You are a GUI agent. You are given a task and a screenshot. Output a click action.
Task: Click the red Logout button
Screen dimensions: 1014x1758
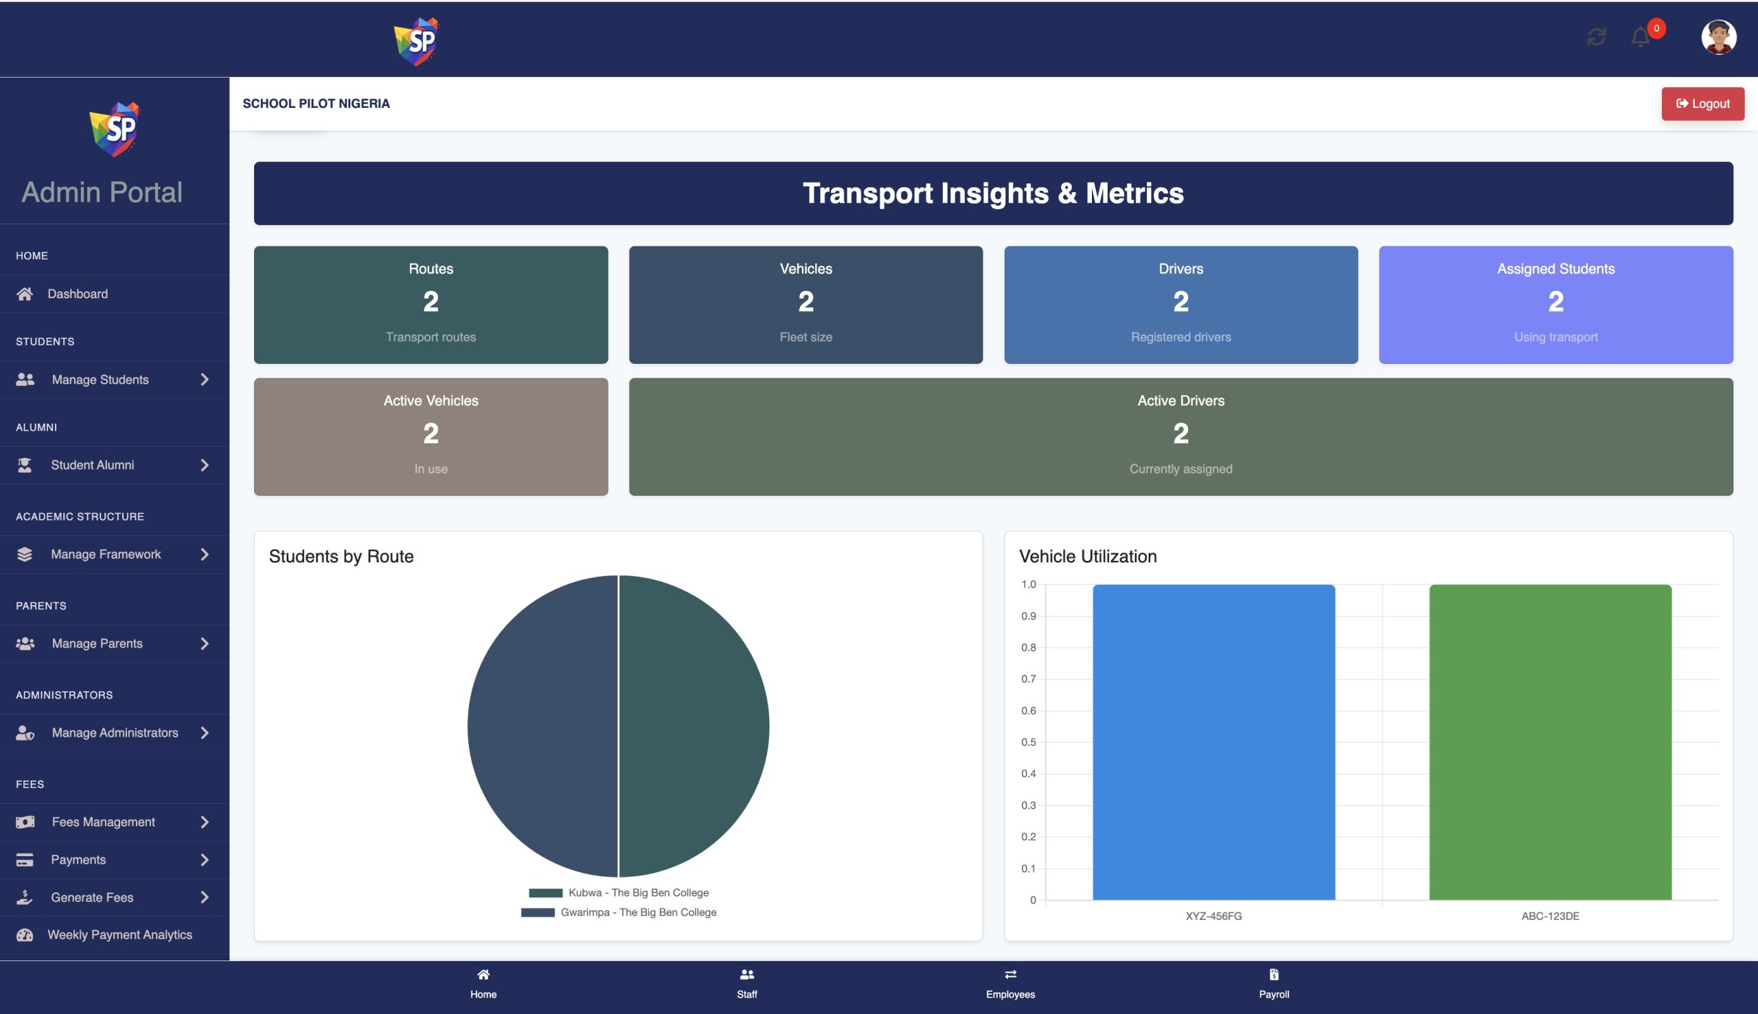pos(1702,104)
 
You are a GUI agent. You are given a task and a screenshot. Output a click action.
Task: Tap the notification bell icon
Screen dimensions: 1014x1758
pos(1641,37)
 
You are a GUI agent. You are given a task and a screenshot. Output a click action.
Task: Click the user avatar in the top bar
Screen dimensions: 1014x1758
pos(1718,37)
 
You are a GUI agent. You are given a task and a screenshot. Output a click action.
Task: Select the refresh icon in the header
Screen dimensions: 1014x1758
pos(1597,37)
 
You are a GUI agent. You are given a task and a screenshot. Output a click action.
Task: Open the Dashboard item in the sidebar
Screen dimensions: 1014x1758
pos(78,294)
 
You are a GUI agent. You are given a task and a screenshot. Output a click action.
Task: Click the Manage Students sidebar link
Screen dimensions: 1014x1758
pos(100,380)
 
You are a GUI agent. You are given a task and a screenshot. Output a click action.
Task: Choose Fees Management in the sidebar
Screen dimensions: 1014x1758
pos(103,822)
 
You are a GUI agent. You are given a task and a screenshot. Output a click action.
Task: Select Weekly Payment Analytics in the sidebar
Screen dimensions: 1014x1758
pos(119,934)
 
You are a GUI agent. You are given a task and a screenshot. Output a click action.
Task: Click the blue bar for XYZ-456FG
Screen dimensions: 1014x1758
pos(1213,741)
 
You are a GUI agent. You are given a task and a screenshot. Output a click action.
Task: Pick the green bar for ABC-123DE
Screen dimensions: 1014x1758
pos(1550,741)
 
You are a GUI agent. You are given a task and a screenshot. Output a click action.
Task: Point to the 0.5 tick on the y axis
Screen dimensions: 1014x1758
pos(1028,742)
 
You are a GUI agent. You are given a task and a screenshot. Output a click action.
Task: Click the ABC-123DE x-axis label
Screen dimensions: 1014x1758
pos(1550,916)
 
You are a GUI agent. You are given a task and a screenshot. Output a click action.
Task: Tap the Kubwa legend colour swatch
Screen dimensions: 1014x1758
pos(545,892)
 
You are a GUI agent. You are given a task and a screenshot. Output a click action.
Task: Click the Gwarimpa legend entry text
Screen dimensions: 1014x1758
pos(638,912)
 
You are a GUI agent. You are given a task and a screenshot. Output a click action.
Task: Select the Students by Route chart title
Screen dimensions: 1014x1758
pos(341,557)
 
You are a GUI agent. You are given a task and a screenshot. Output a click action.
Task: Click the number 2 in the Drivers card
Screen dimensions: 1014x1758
pos(1180,301)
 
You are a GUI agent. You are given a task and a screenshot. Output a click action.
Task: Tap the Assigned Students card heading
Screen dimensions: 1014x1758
pos(1555,269)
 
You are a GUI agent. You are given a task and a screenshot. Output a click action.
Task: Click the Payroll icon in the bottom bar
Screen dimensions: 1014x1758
pos(1274,974)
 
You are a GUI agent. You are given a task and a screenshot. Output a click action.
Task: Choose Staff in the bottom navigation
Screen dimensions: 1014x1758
pos(746,982)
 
